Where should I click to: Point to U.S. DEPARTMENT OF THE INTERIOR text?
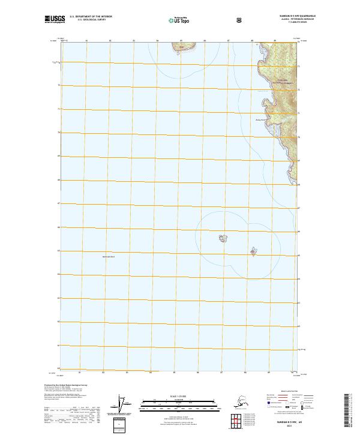click(x=91, y=16)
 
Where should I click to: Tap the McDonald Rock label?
click(x=109, y=257)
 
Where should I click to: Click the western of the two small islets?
click(x=222, y=239)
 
